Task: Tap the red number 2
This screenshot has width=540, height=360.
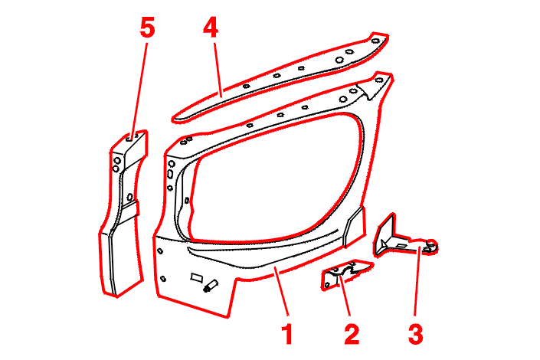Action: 351,335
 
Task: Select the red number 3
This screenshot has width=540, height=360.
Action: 414,335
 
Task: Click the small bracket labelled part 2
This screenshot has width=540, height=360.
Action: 344,273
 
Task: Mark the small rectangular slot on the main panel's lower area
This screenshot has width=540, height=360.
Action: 195,274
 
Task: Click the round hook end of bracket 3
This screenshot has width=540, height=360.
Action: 432,245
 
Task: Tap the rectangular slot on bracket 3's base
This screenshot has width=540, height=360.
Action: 403,246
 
